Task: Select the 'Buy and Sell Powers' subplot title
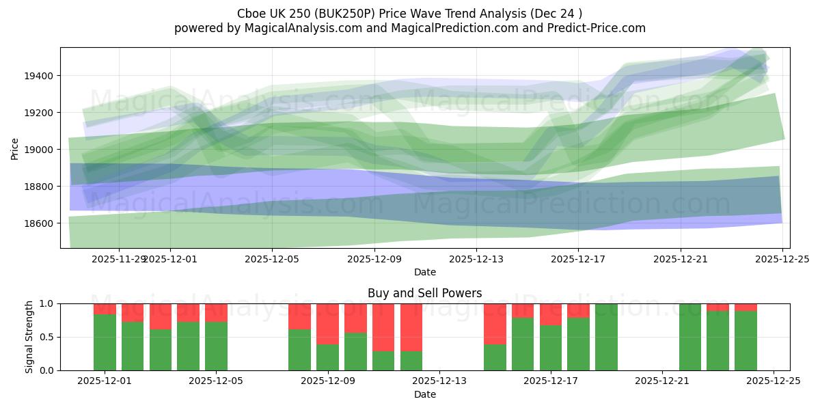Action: coord(424,293)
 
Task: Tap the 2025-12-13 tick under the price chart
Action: coord(476,259)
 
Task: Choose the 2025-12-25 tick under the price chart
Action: coord(782,259)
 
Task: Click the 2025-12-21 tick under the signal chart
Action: coord(662,381)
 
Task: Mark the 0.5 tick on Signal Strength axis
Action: coord(48,337)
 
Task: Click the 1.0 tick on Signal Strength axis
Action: coord(48,303)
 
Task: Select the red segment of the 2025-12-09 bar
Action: coord(327,324)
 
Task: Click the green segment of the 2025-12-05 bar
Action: coord(216,346)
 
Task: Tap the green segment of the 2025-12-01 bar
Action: coord(105,342)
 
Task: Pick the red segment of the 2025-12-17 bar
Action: coord(550,314)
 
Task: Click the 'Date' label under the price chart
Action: coord(424,272)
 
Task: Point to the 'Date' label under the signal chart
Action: coord(424,394)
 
